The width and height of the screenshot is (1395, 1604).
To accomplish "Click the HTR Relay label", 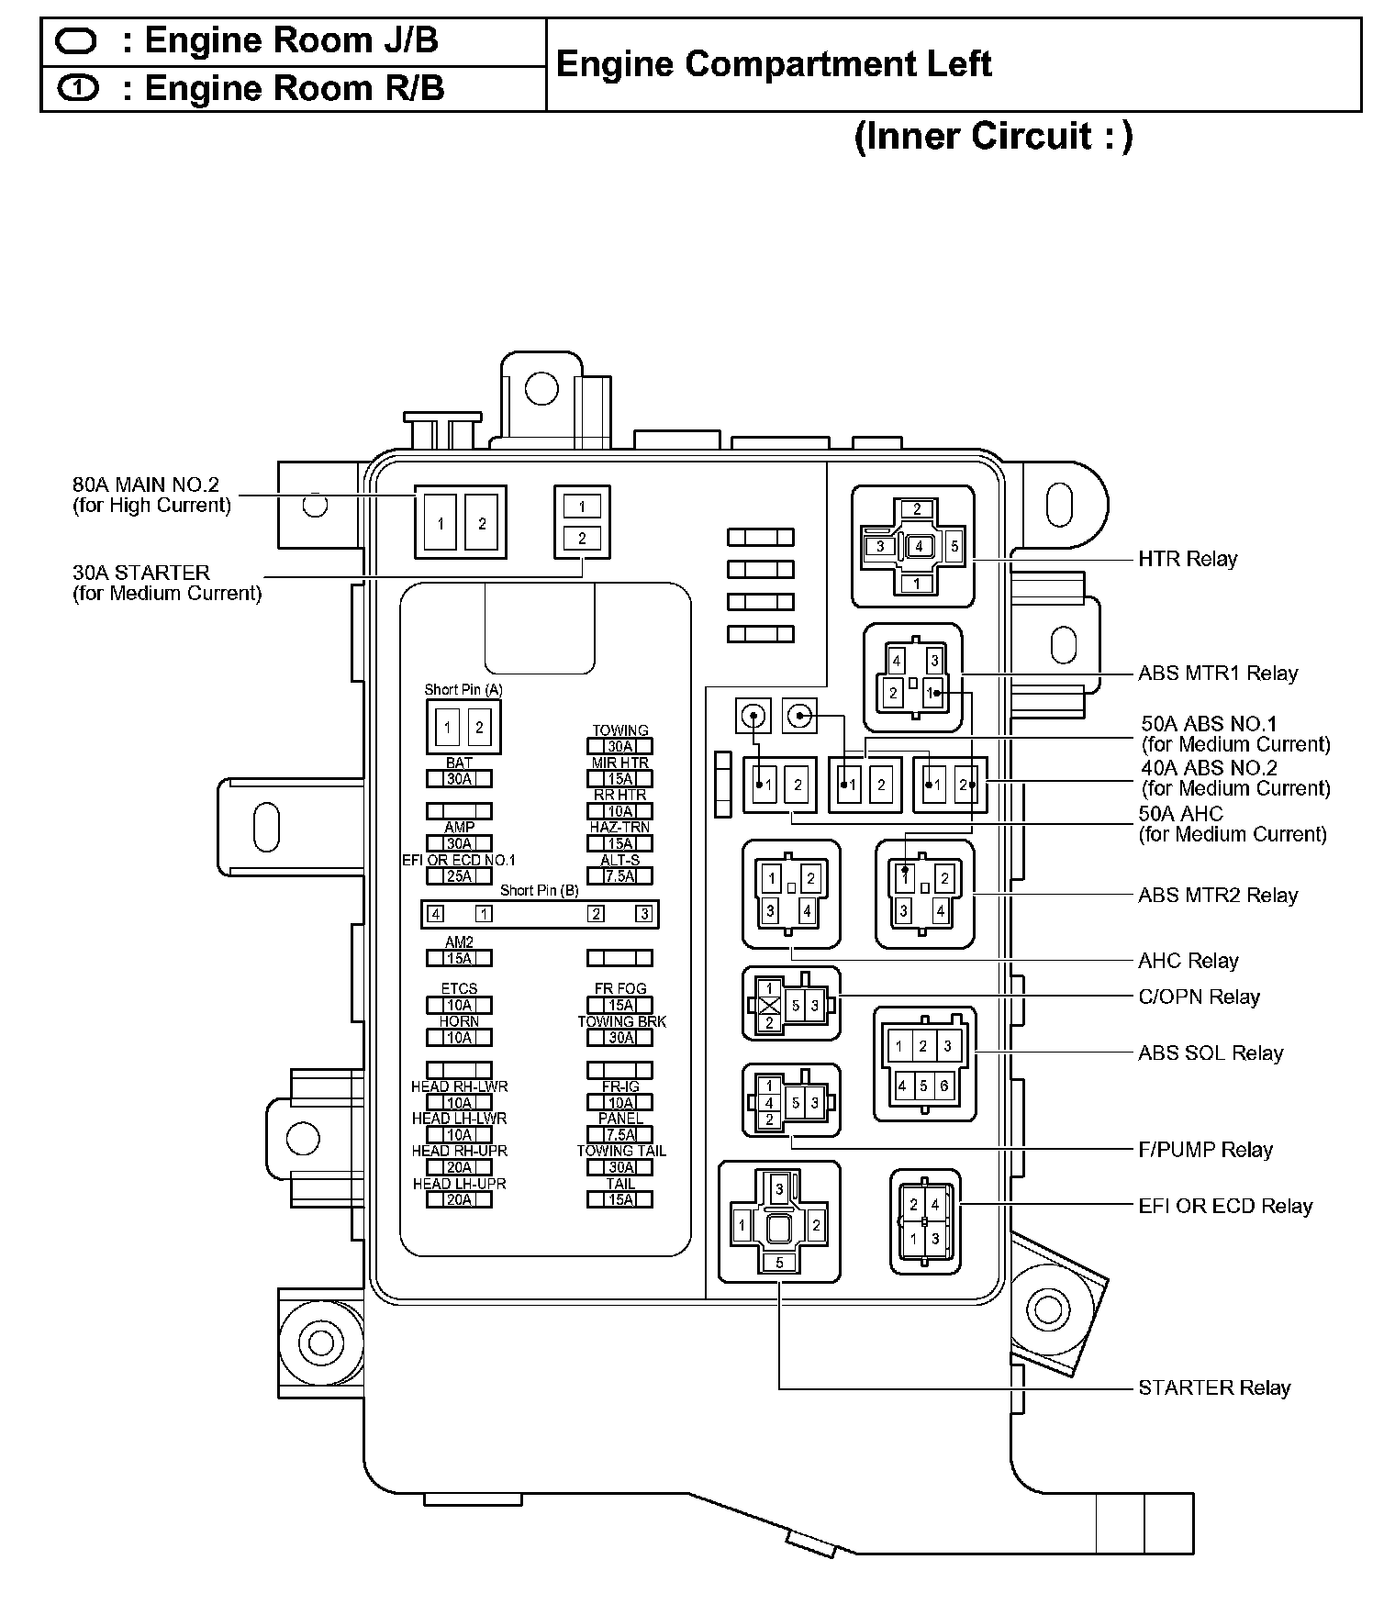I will click(1187, 559).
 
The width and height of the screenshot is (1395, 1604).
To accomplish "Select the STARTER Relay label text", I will click(1213, 1387).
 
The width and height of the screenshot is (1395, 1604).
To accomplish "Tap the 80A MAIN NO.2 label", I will click(146, 485).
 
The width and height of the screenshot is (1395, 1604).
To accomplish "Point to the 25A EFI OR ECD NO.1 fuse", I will click(459, 876).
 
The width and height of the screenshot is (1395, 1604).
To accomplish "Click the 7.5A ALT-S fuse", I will click(620, 876).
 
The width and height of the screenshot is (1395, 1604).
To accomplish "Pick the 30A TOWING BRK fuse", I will click(620, 1038).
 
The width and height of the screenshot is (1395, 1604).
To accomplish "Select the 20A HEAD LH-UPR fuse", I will click(459, 1199).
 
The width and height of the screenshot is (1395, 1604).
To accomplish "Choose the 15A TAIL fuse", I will click(620, 1199).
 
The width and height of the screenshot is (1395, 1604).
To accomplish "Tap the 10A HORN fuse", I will click(459, 1038).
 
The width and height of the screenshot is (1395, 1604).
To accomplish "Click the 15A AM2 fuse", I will click(459, 958).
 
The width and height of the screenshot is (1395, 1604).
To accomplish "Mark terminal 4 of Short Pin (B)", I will click(437, 914).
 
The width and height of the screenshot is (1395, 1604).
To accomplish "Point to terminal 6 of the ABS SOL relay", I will click(944, 1086).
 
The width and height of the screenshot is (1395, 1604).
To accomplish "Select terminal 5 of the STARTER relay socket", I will click(779, 1263).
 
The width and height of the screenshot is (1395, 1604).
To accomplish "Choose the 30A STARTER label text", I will click(141, 573).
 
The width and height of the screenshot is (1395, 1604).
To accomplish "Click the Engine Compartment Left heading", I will click(774, 64).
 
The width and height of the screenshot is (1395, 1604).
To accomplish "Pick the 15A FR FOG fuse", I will click(620, 1006).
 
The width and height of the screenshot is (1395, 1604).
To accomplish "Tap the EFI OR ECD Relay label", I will click(1224, 1207).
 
